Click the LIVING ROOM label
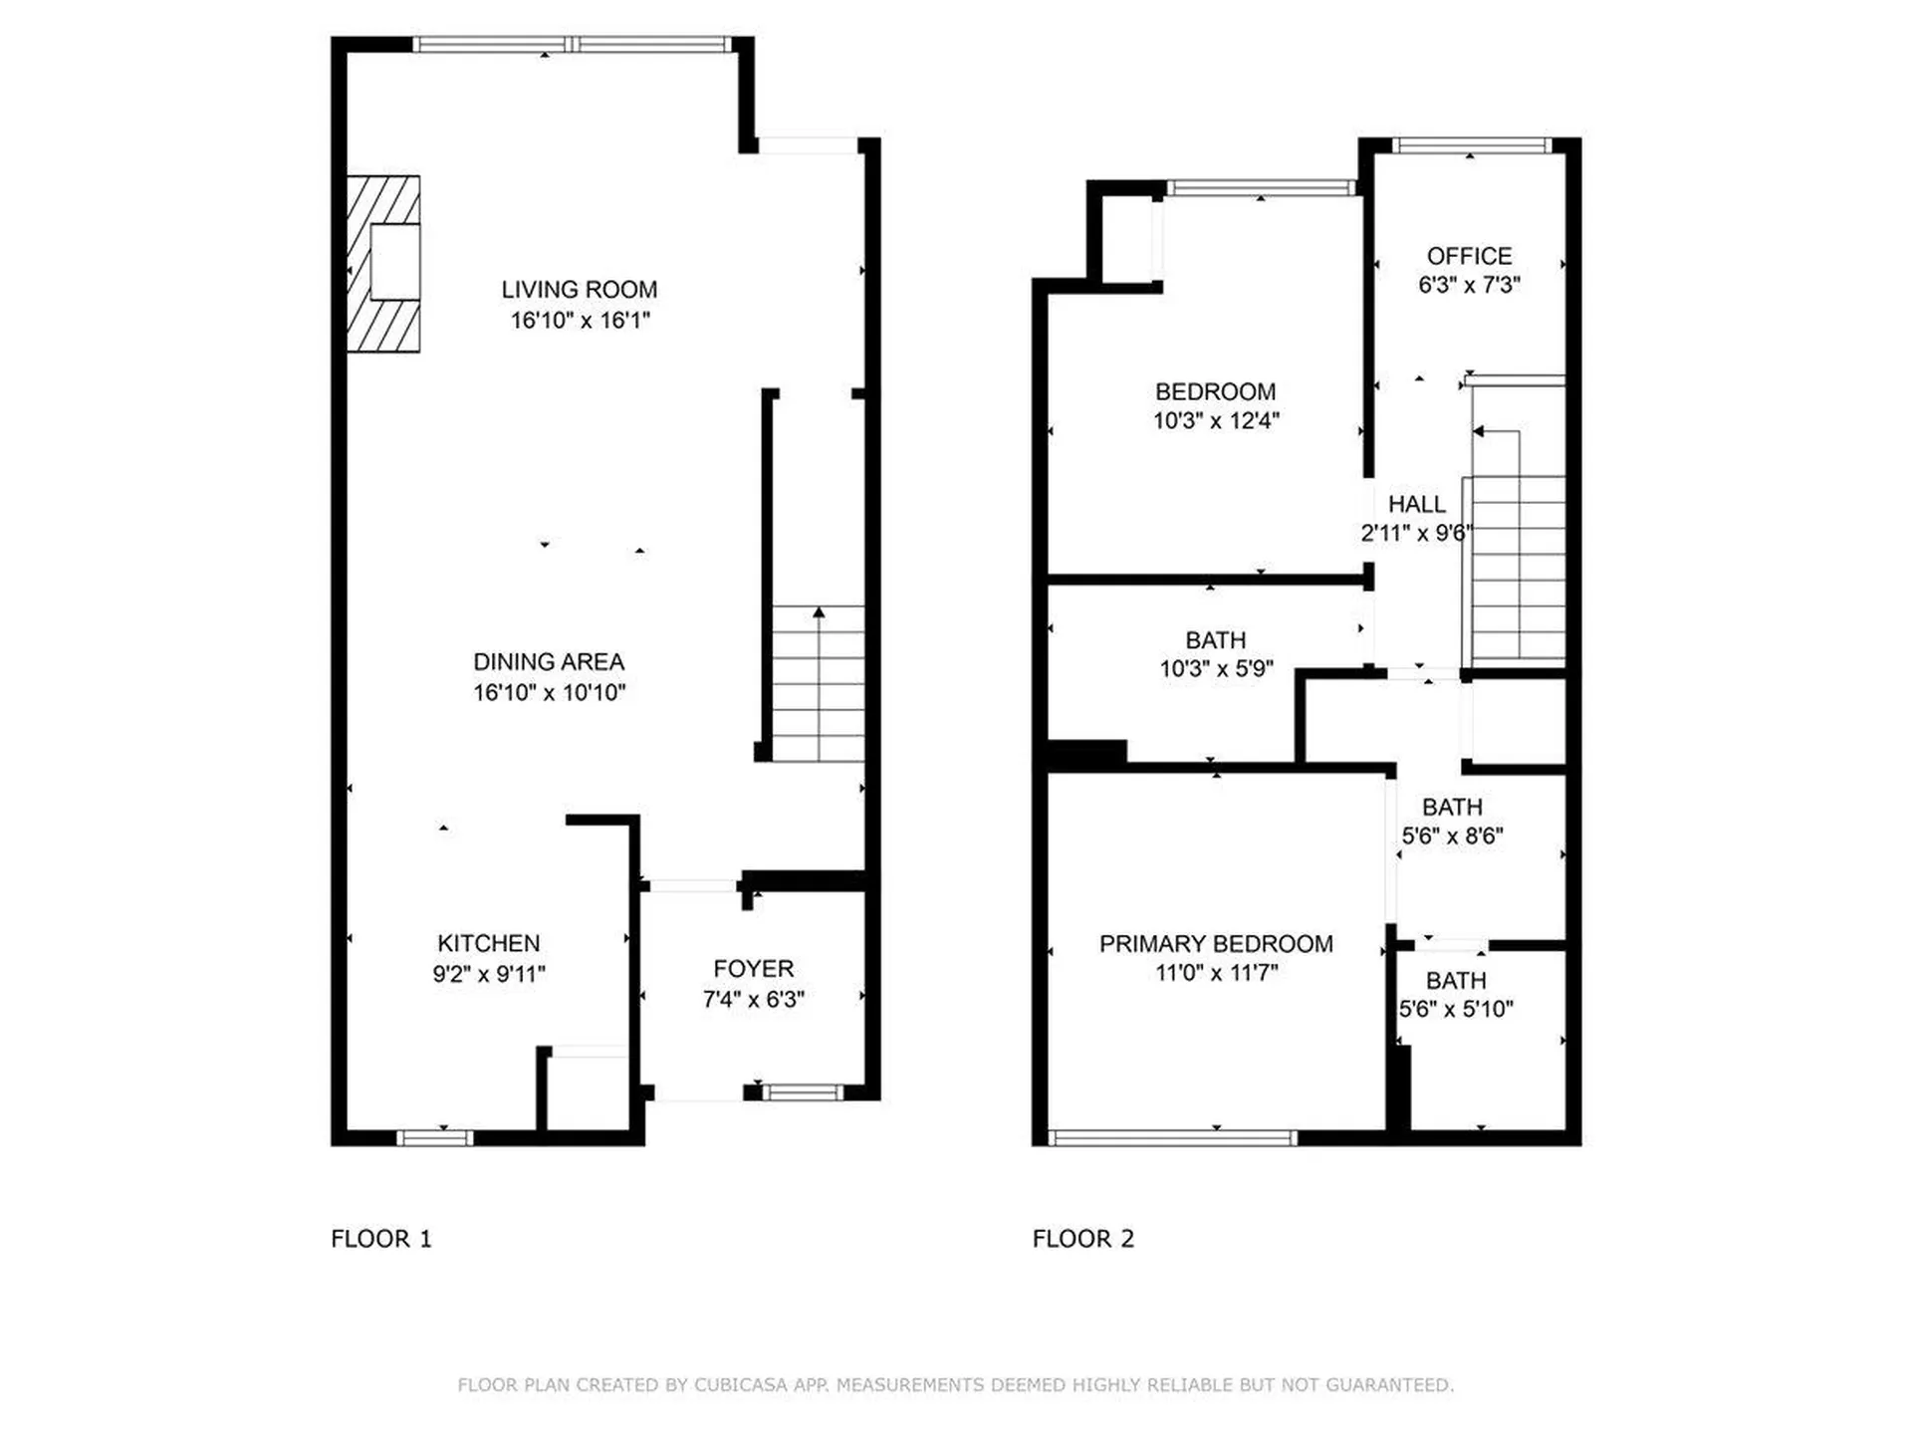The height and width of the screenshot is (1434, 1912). tap(579, 290)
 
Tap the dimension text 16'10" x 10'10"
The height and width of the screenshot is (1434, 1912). tap(549, 692)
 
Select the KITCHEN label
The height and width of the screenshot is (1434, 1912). tap(488, 943)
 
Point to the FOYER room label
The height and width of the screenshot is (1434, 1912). tap(753, 969)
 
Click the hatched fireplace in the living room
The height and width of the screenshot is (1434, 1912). tap(383, 264)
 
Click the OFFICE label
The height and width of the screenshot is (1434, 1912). tap(1469, 256)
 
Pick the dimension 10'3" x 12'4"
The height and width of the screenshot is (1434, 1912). tap(1216, 420)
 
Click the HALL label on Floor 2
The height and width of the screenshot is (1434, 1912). tap(1416, 504)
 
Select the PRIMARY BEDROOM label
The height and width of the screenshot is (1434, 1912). tap(1216, 944)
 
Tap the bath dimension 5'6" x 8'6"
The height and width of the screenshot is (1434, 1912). tap(1452, 836)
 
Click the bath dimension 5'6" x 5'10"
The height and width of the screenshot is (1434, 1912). tap(1456, 1009)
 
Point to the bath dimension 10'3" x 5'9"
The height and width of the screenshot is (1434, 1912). tap(1216, 668)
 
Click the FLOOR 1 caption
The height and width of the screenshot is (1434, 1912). tap(381, 1239)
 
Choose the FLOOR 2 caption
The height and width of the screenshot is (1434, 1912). tap(1083, 1239)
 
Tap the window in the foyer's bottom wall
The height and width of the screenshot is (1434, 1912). tap(803, 1092)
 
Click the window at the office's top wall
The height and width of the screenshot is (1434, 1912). tap(1470, 145)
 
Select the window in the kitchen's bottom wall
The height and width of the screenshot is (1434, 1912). tap(435, 1137)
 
